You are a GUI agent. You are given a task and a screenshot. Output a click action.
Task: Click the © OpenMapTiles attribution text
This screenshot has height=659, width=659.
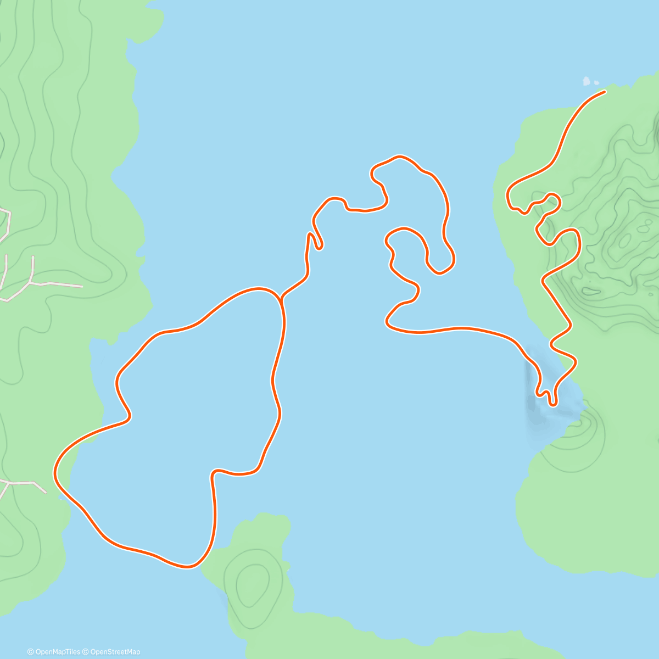pos(54,652)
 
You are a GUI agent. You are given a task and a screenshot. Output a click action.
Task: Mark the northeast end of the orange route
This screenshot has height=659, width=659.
pos(605,92)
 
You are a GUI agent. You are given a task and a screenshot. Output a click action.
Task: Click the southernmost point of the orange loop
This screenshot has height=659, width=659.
pos(188,566)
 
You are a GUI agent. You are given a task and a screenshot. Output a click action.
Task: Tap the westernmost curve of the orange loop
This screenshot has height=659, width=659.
pos(55,472)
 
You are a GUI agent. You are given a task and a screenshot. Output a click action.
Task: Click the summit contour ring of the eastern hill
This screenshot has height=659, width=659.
pos(625,240)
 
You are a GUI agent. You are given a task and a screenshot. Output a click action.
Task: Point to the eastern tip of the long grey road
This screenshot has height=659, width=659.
pos(82,286)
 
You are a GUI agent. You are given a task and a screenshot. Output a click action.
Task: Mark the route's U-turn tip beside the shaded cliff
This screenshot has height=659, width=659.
pos(553,404)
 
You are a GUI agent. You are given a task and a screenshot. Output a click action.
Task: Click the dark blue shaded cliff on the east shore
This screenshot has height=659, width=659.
pos(532,390)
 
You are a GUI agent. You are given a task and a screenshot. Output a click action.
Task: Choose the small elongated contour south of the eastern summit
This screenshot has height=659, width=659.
pos(591,291)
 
